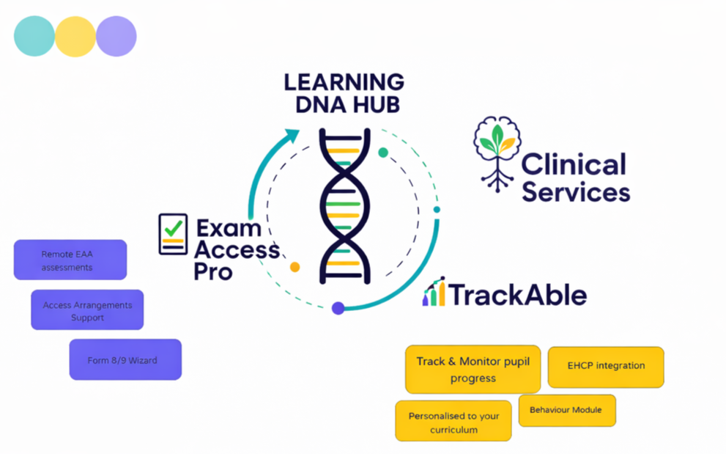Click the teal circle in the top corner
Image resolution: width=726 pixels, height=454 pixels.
34,37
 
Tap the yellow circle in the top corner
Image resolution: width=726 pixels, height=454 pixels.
75,37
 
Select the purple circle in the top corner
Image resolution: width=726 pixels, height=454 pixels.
116,37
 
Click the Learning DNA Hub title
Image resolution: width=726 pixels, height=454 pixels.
344,92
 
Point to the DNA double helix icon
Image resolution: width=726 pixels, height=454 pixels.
344,206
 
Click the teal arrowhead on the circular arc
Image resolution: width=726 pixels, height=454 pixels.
292,136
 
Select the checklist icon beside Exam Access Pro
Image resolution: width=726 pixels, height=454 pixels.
173,234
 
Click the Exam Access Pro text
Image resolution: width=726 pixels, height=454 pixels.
236,249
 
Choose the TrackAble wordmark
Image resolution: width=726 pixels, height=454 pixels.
517,295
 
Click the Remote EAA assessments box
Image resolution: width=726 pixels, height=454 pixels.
70,260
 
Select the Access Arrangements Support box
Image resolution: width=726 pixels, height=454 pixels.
87,310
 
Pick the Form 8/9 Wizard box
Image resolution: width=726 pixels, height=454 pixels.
125,359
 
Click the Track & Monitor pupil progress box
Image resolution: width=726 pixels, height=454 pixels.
473,370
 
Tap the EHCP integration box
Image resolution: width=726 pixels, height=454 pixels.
606,367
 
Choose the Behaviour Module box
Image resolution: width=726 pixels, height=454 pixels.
567,411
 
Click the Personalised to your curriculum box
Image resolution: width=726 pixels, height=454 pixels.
453,422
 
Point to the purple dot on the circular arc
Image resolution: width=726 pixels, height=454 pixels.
338,308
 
